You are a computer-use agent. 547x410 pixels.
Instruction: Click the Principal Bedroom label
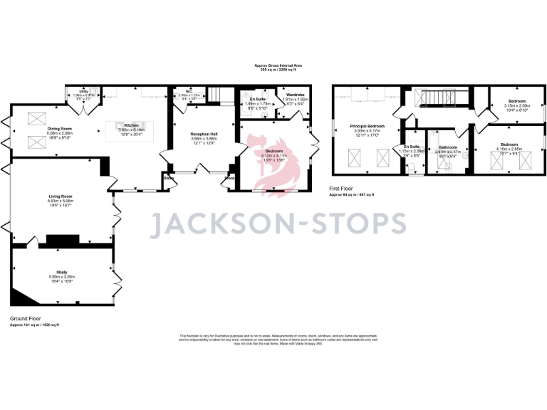point(366,126)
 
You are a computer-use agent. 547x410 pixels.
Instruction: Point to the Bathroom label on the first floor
point(447,147)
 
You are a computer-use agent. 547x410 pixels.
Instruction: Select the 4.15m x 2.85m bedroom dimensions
point(510,149)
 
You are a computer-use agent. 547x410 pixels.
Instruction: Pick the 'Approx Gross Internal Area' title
point(278,65)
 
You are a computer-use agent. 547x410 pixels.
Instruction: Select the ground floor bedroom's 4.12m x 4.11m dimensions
point(274,157)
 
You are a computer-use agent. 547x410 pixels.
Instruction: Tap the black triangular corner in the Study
point(19,298)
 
